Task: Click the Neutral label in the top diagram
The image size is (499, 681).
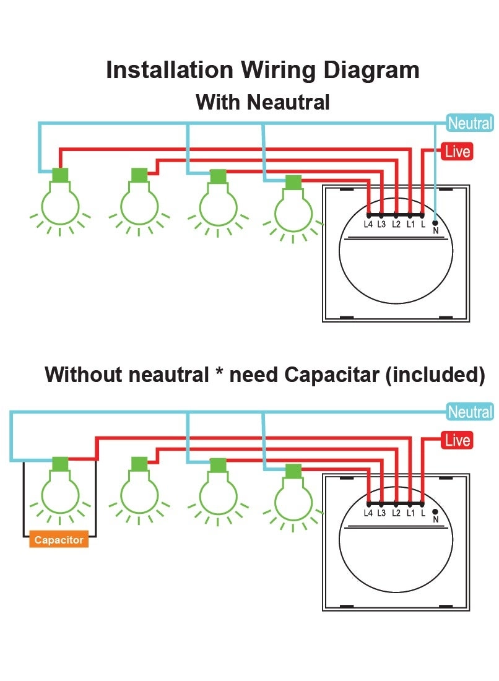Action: [x=471, y=123]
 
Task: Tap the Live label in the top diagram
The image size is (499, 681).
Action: [x=457, y=152]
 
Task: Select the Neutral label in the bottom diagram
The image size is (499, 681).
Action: [x=471, y=412]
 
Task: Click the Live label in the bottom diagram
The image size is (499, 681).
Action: [x=457, y=440]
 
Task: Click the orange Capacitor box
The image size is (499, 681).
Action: [x=59, y=539]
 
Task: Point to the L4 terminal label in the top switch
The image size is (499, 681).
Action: [x=368, y=225]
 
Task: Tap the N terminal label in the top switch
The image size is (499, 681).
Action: [x=436, y=231]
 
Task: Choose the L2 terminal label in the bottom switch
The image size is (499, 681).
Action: [x=396, y=513]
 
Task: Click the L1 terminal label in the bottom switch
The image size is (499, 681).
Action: [x=410, y=513]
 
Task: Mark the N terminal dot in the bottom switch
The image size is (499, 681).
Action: [x=435, y=511]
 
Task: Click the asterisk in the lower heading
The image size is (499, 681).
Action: [x=219, y=372]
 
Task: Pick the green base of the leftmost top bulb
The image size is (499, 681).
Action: [x=60, y=175]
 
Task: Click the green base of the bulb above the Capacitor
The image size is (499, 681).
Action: [x=60, y=464]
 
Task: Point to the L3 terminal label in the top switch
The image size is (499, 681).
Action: [x=381, y=225]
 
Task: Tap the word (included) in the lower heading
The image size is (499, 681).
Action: [x=435, y=375]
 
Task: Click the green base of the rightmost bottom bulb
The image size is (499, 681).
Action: [x=293, y=471]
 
